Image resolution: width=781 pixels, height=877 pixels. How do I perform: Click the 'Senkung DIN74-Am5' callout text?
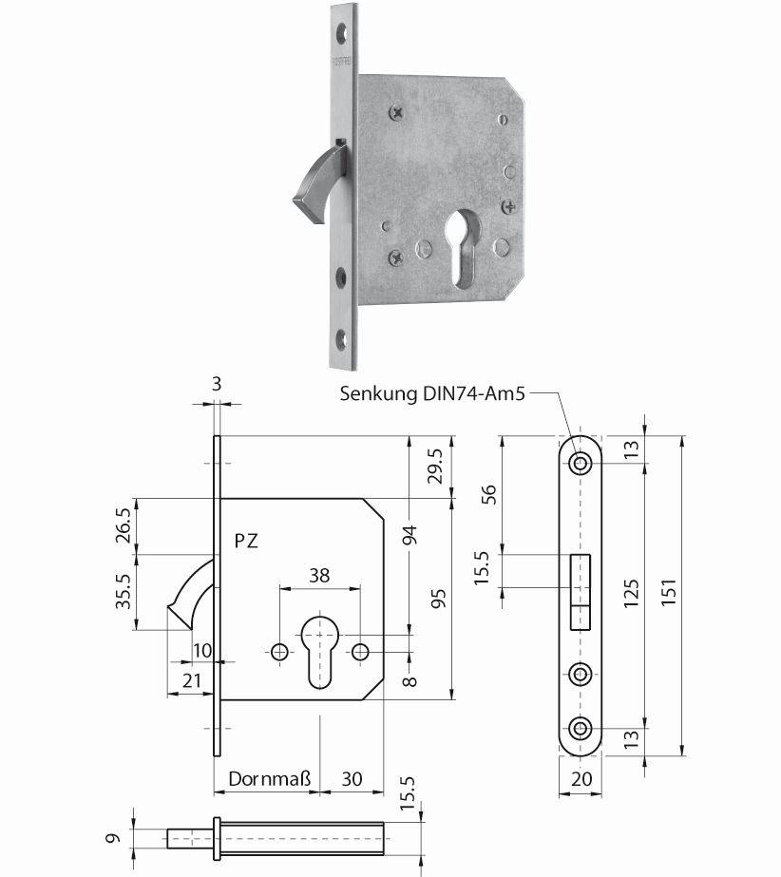coord(432,393)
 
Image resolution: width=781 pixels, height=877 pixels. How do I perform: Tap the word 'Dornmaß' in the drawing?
coord(269,778)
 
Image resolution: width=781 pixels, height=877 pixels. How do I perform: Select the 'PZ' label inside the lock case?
coord(246,541)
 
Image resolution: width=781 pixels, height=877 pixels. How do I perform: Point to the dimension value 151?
coord(669,592)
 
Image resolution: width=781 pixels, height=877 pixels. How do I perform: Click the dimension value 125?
coord(631,594)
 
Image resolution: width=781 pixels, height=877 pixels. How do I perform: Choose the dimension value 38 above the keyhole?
coord(319,576)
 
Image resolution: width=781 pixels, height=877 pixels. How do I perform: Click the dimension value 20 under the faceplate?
coord(581,778)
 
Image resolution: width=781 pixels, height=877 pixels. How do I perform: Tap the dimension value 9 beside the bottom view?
coord(113,838)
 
